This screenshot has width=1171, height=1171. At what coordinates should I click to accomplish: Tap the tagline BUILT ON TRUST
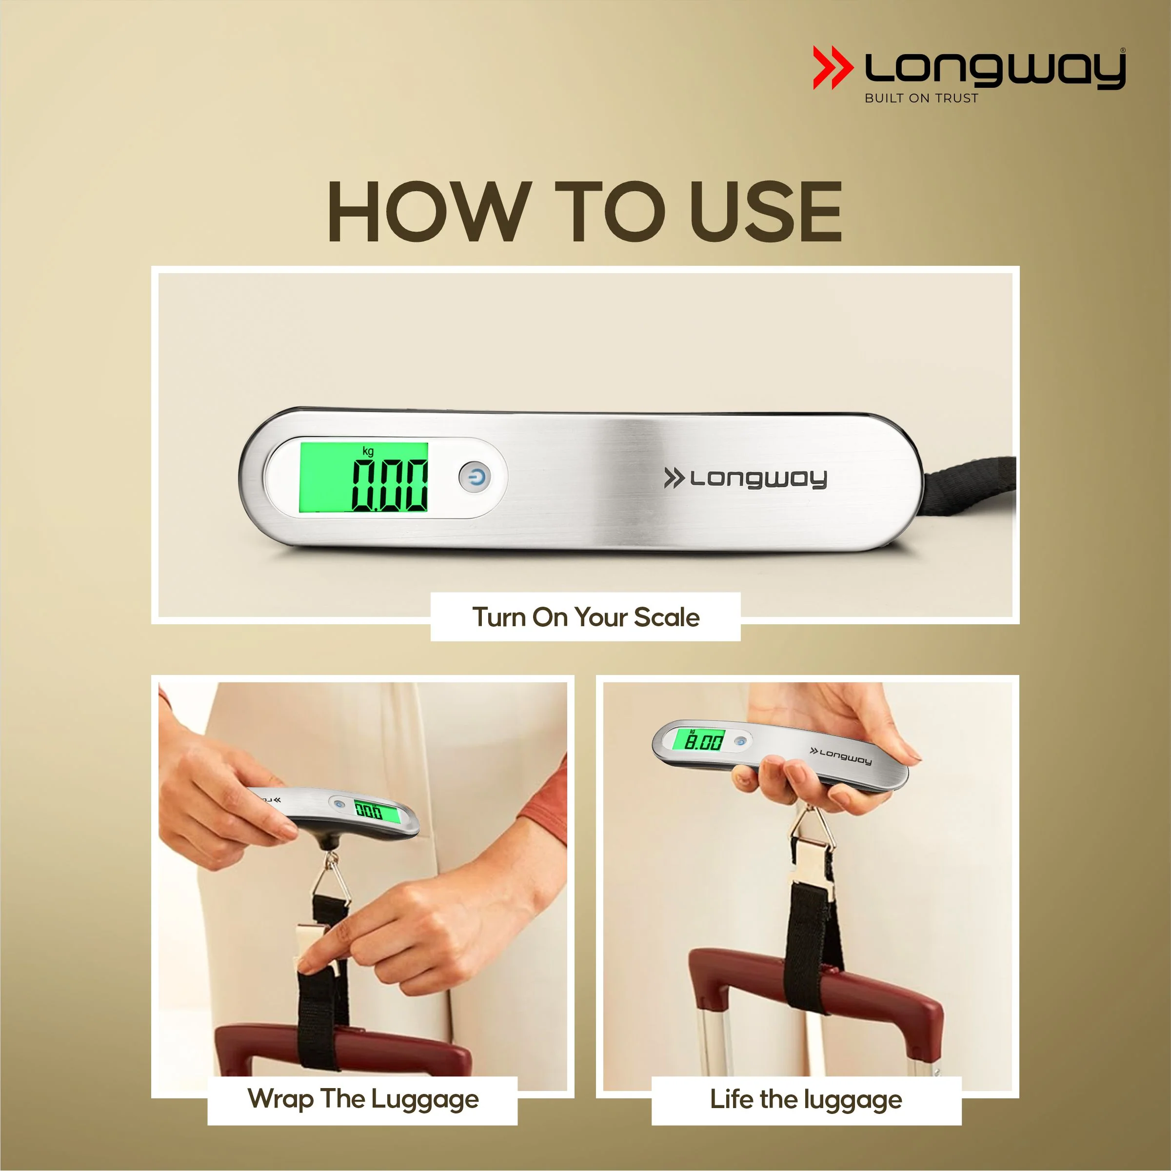[921, 98]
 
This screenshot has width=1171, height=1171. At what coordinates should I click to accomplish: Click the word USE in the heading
[766, 212]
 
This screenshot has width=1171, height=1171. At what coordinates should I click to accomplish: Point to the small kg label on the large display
[368, 451]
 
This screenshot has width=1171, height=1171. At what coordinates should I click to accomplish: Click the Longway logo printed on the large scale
[746, 478]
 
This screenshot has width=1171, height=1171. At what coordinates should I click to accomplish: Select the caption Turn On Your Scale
[585, 617]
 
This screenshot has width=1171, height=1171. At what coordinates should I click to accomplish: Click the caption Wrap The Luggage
[363, 1099]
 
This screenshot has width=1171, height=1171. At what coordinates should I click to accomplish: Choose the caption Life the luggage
[806, 1099]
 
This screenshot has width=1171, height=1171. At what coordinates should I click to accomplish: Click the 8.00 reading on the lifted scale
[704, 741]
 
